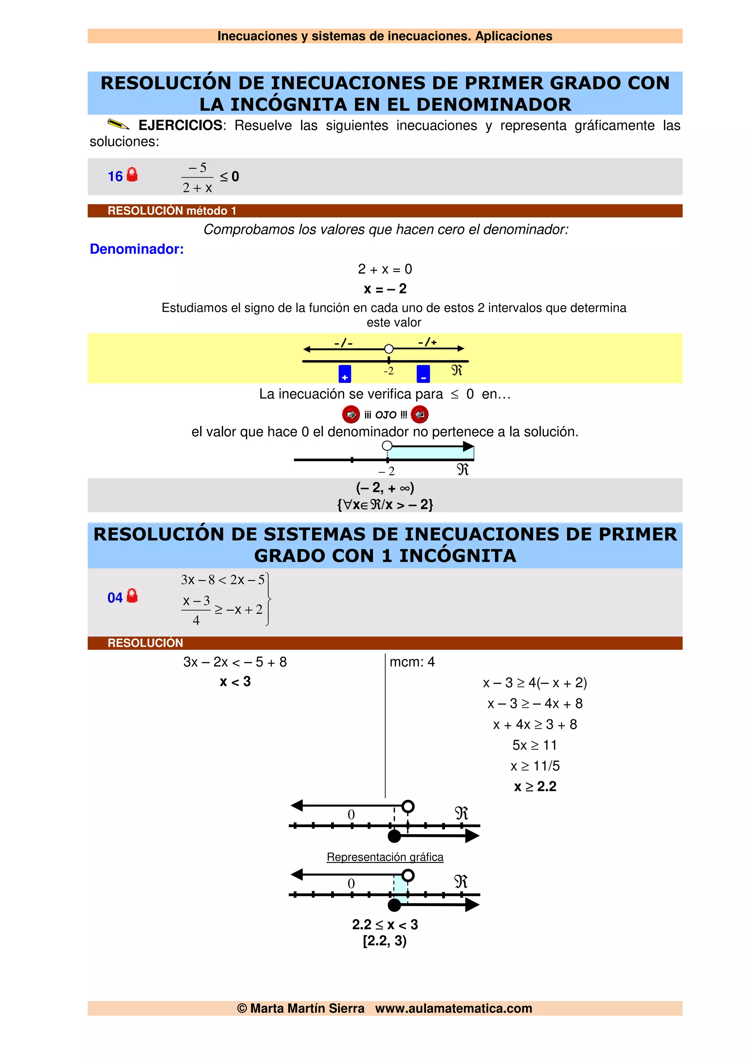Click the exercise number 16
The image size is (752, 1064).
115,177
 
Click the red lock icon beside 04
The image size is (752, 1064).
132,596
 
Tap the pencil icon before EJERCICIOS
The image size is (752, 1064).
118,124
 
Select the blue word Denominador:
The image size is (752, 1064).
137,249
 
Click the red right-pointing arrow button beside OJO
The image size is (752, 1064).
351,414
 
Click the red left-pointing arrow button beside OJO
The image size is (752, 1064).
420,414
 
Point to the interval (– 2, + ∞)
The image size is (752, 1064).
385,488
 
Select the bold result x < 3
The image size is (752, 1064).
235,682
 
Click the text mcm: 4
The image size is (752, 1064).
412,662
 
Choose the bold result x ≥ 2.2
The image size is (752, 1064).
535,786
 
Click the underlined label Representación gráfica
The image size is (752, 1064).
385,857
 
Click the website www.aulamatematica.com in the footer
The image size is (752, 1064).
453,1009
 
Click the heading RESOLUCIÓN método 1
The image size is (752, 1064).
172,211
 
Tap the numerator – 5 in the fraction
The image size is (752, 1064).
198,168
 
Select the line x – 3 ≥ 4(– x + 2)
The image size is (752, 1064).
535,683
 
